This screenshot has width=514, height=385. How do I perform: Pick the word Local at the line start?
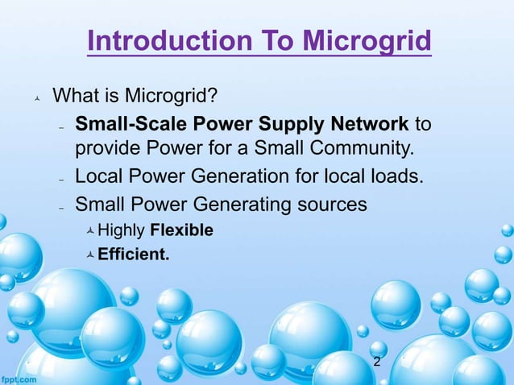point(93,176)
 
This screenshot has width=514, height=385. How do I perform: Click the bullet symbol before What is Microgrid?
point(35,100)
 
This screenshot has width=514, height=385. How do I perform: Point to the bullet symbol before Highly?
point(90,232)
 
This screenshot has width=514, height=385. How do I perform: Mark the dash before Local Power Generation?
point(61,180)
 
